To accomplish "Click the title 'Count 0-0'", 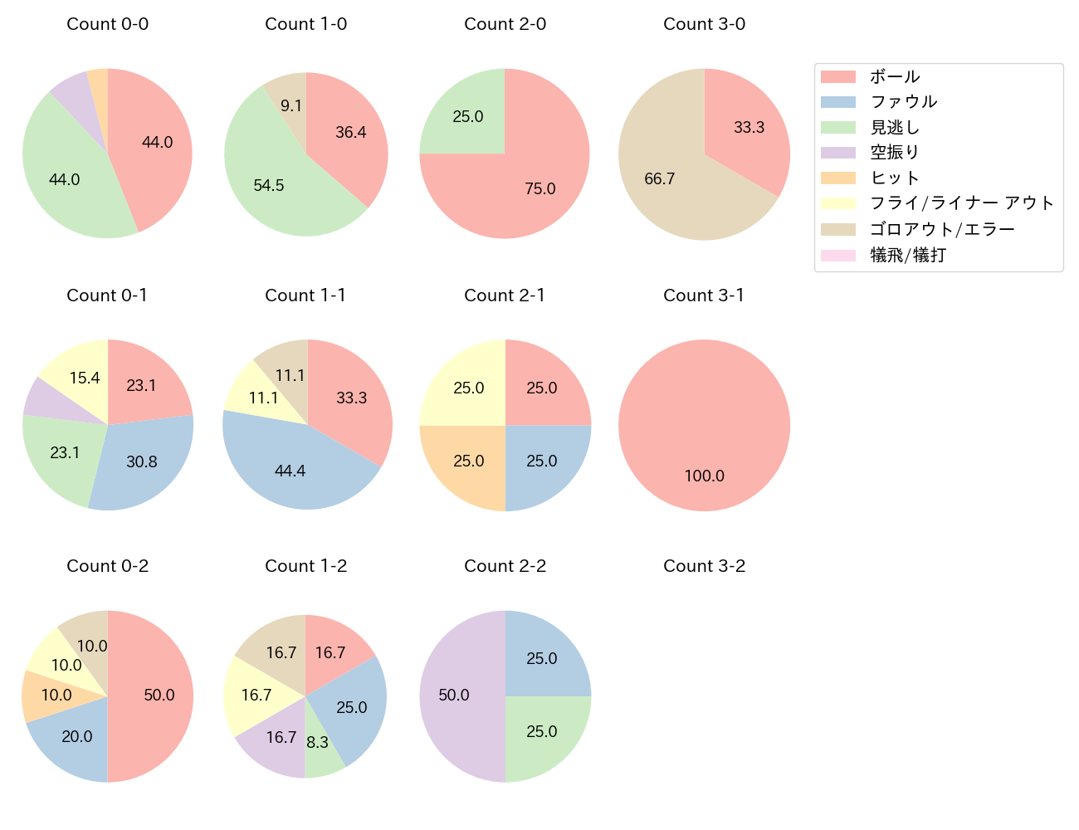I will (x=107, y=24).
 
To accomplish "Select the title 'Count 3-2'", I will (x=704, y=566).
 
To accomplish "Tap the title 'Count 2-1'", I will (x=505, y=295).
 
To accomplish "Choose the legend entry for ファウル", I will (x=903, y=102).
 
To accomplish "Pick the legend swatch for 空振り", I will (x=837, y=153).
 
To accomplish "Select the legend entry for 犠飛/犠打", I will (x=908, y=255).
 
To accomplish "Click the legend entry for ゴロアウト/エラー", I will (x=942, y=229).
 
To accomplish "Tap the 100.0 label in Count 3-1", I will (x=704, y=476).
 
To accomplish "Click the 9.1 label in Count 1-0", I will (x=291, y=105).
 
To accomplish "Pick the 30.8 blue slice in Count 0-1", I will (x=141, y=461).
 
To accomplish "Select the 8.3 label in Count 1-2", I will (x=318, y=742).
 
